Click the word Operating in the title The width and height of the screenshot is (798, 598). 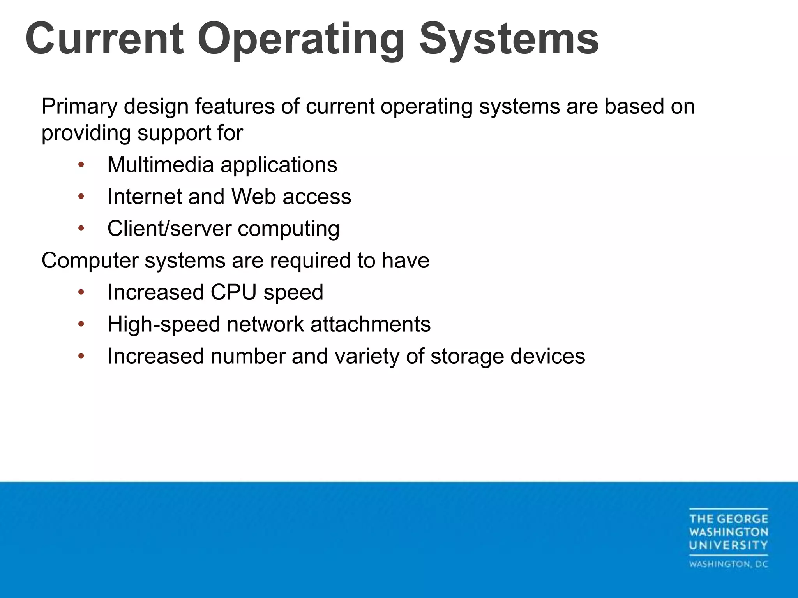coord(301,40)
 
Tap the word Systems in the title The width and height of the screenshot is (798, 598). coord(508,40)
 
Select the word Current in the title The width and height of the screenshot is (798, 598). coord(104,40)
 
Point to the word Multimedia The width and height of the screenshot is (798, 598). coord(160,165)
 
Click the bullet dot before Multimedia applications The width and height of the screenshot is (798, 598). coord(81,165)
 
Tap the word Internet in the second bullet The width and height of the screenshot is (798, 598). coord(145,197)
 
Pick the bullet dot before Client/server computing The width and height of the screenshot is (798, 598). coord(81,229)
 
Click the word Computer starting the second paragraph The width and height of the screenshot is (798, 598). coord(90,260)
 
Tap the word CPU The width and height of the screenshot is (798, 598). coord(233,292)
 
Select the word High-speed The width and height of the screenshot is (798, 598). coord(164,324)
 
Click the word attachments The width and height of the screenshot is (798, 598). coord(370,324)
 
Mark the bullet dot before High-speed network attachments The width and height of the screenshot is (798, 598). coord(81,324)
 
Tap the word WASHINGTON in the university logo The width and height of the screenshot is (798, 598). coord(729,532)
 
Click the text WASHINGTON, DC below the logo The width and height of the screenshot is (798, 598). coord(729,564)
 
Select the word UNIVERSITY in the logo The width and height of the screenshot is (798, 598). coord(729,545)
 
